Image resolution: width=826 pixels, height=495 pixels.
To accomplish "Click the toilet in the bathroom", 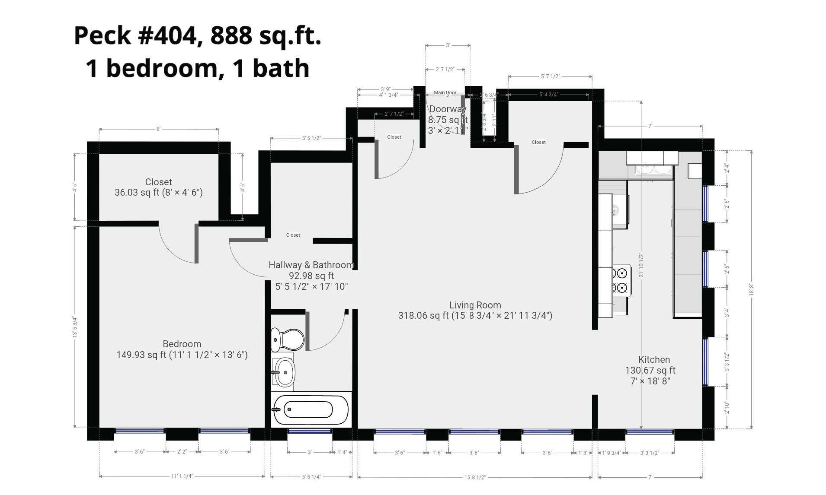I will point(287,339).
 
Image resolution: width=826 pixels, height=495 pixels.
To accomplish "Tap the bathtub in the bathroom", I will point(311,409).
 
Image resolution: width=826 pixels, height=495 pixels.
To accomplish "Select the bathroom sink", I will point(284,371).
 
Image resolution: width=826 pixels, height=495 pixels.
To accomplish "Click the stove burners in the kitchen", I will point(621,280).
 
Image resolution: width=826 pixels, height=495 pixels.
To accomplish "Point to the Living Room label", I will point(475,305).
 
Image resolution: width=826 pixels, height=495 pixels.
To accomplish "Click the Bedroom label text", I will point(182,344).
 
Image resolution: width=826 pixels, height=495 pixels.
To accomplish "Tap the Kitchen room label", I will point(654,359).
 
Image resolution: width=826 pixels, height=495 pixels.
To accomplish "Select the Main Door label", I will point(445,92).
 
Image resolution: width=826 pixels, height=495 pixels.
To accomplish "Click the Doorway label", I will point(448,109).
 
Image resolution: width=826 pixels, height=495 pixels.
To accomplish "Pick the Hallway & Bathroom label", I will point(311,265).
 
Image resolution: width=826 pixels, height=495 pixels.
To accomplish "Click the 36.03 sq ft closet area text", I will point(158,193).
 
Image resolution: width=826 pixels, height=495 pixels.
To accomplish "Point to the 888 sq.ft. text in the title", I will point(266,35).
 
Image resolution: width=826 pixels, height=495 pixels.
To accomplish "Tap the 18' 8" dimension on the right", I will point(752,289).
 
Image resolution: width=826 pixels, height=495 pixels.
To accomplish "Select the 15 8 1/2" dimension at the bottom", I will point(475,477).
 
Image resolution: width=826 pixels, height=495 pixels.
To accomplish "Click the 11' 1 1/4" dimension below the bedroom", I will point(182,476).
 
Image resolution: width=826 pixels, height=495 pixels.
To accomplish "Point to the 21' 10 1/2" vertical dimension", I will point(641,265).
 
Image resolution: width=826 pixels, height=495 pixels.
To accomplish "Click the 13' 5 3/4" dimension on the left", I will point(75,327).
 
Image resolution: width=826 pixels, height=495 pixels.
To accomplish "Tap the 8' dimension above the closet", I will point(158,129).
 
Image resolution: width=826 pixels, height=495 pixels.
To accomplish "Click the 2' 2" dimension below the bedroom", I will point(182,452).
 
